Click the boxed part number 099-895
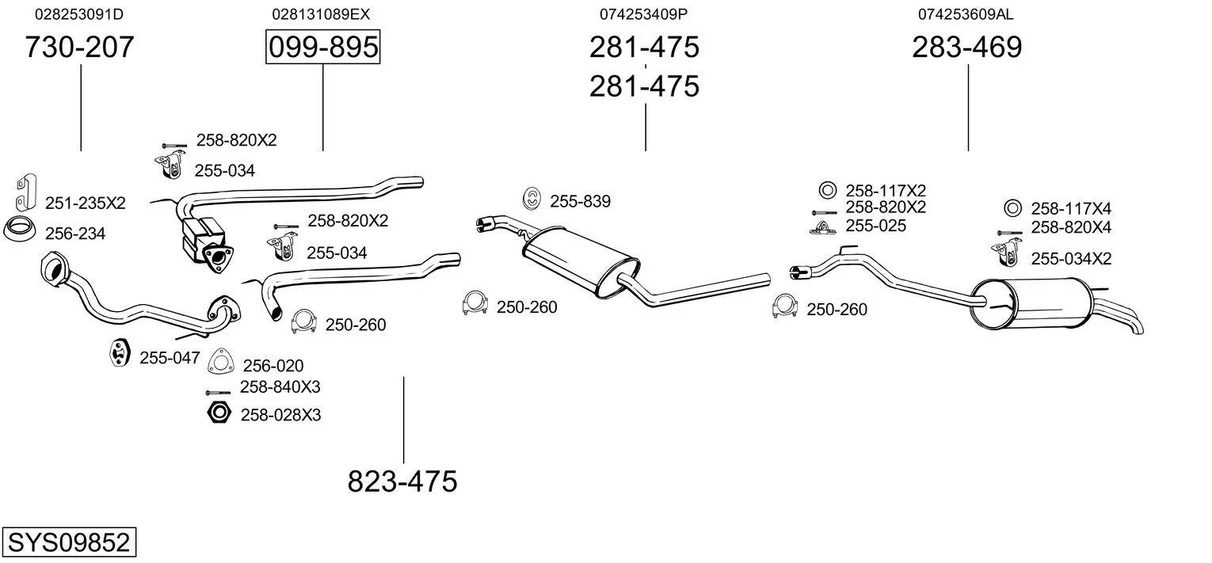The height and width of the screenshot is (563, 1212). tap(322, 48)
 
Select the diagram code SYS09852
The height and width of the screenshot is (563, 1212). tap(68, 543)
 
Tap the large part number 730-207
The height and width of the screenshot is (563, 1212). tap(80, 48)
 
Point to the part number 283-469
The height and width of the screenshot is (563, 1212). tap(966, 48)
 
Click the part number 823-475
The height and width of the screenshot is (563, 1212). tap(402, 481)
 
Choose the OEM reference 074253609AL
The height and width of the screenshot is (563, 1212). tap(966, 14)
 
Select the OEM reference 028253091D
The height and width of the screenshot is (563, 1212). tap(80, 14)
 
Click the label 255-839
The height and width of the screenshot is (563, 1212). tap(581, 202)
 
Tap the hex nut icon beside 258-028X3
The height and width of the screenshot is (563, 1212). tap(219, 413)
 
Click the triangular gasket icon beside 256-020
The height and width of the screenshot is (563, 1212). tap(221, 362)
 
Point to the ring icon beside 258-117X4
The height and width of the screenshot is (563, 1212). tap(1012, 208)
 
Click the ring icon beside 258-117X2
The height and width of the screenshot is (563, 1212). tap(826, 190)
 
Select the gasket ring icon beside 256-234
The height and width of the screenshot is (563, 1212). tap(20, 230)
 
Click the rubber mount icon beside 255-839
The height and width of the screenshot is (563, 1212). tap(533, 200)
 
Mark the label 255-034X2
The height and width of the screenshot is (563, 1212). tap(1071, 259)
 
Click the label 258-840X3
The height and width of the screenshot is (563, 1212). tap(280, 387)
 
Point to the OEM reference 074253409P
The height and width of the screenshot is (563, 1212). tap(643, 14)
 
